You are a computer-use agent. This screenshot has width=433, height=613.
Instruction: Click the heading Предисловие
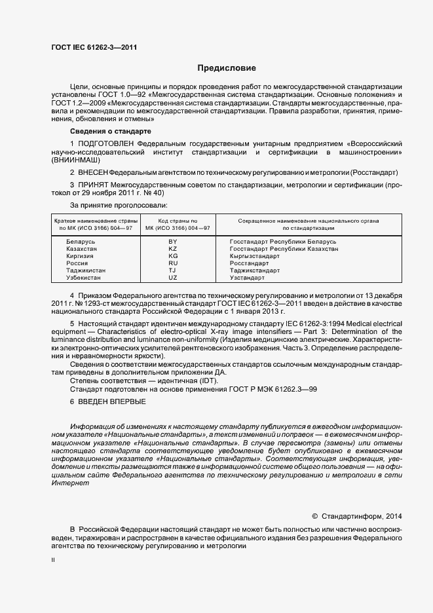[227, 68]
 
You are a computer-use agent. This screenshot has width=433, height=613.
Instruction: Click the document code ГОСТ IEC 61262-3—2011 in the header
[94, 46]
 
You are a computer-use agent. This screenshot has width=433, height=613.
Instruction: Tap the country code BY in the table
[173, 242]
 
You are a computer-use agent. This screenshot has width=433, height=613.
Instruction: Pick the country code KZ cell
[173, 249]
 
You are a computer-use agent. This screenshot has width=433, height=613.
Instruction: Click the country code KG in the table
[173, 256]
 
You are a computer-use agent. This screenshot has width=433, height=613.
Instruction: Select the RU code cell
[173, 263]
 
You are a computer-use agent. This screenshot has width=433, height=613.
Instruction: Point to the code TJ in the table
[173, 270]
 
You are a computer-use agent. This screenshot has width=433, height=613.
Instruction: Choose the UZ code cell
[173, 278]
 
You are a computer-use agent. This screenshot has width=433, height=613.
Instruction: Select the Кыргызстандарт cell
[255, 256]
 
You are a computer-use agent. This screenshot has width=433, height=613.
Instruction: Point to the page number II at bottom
[53, 560]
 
